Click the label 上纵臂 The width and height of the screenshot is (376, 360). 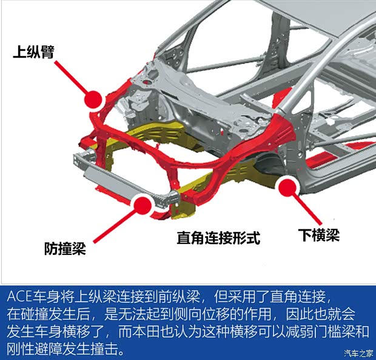pyautogui.click(x=34, y=52)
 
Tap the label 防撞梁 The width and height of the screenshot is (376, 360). pyautogui.click(x=65, y=250)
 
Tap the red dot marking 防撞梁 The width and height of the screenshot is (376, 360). pyautogui.click(x=142, y=205)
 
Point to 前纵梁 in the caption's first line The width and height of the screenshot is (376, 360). pyautogui.click(x=175, y=298)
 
